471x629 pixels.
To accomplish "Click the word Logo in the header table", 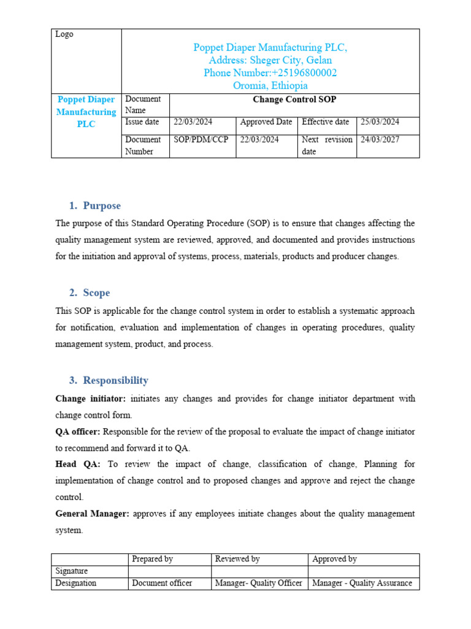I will click(64, 34).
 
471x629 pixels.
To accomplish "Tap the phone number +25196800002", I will click(270, 73).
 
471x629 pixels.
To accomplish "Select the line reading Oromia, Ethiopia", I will click(270, 86).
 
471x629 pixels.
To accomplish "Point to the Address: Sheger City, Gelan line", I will click(270, 60).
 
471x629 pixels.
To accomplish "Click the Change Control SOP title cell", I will click(294, 100).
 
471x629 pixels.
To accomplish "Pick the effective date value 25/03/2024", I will click(380, 122).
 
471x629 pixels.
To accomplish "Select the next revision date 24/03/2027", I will click(380, 139).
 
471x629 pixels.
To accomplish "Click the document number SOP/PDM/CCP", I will click(201, 139).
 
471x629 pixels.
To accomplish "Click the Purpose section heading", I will click(102, 206).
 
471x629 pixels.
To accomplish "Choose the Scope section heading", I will click(96, 293).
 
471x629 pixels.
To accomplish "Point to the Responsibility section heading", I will click(115, 380).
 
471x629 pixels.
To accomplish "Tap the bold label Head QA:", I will click(78, 464).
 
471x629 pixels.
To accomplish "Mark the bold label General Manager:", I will click(92, 514).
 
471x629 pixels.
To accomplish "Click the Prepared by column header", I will click(152, 559).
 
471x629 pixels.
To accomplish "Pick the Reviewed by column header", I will click(237, 559).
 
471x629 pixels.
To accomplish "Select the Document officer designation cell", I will click(162, 583).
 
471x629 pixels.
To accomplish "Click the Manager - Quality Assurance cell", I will click(362, 583).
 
